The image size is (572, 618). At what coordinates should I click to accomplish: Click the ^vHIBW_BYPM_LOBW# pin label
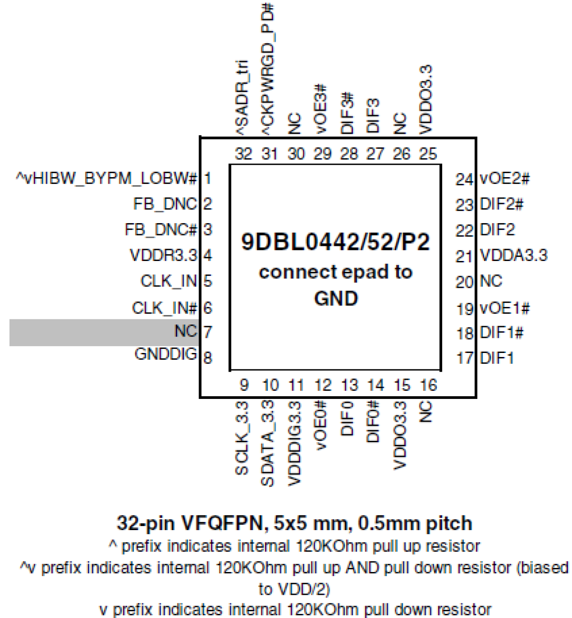(x=107, y=178)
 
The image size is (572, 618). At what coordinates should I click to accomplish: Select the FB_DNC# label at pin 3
(x=161, y=230)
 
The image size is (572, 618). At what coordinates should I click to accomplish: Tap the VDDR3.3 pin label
(x=163, y=255)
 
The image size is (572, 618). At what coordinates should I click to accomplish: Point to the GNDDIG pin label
(x=166, y=354)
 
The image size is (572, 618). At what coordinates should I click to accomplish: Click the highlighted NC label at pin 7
(x=186, y=332)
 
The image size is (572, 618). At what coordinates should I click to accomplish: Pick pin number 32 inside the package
(x=244, y=153)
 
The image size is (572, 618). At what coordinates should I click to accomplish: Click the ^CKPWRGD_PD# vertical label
(x=268, y=71)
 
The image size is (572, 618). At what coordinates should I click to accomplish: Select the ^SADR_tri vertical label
(x=242, y=97)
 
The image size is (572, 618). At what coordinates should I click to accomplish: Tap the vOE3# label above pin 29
(x=321, y=109)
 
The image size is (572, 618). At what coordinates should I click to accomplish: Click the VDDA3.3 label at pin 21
(x=514, y=255)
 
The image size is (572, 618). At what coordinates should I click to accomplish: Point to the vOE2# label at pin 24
(x=505, y=179)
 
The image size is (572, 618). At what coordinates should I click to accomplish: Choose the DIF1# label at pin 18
(x=501, y=333)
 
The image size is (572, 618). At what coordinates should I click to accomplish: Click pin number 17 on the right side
(x=465, y=358)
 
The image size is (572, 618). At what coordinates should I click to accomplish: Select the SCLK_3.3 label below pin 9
(x=242, y=438)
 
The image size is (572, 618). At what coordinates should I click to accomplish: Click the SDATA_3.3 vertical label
(x=268, y=443)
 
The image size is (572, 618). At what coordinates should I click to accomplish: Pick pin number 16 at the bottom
(x=429, y=385)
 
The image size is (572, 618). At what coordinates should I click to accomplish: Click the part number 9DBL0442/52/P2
(x=336, y=241)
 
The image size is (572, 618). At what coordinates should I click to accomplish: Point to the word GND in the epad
(x=336, y=299)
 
